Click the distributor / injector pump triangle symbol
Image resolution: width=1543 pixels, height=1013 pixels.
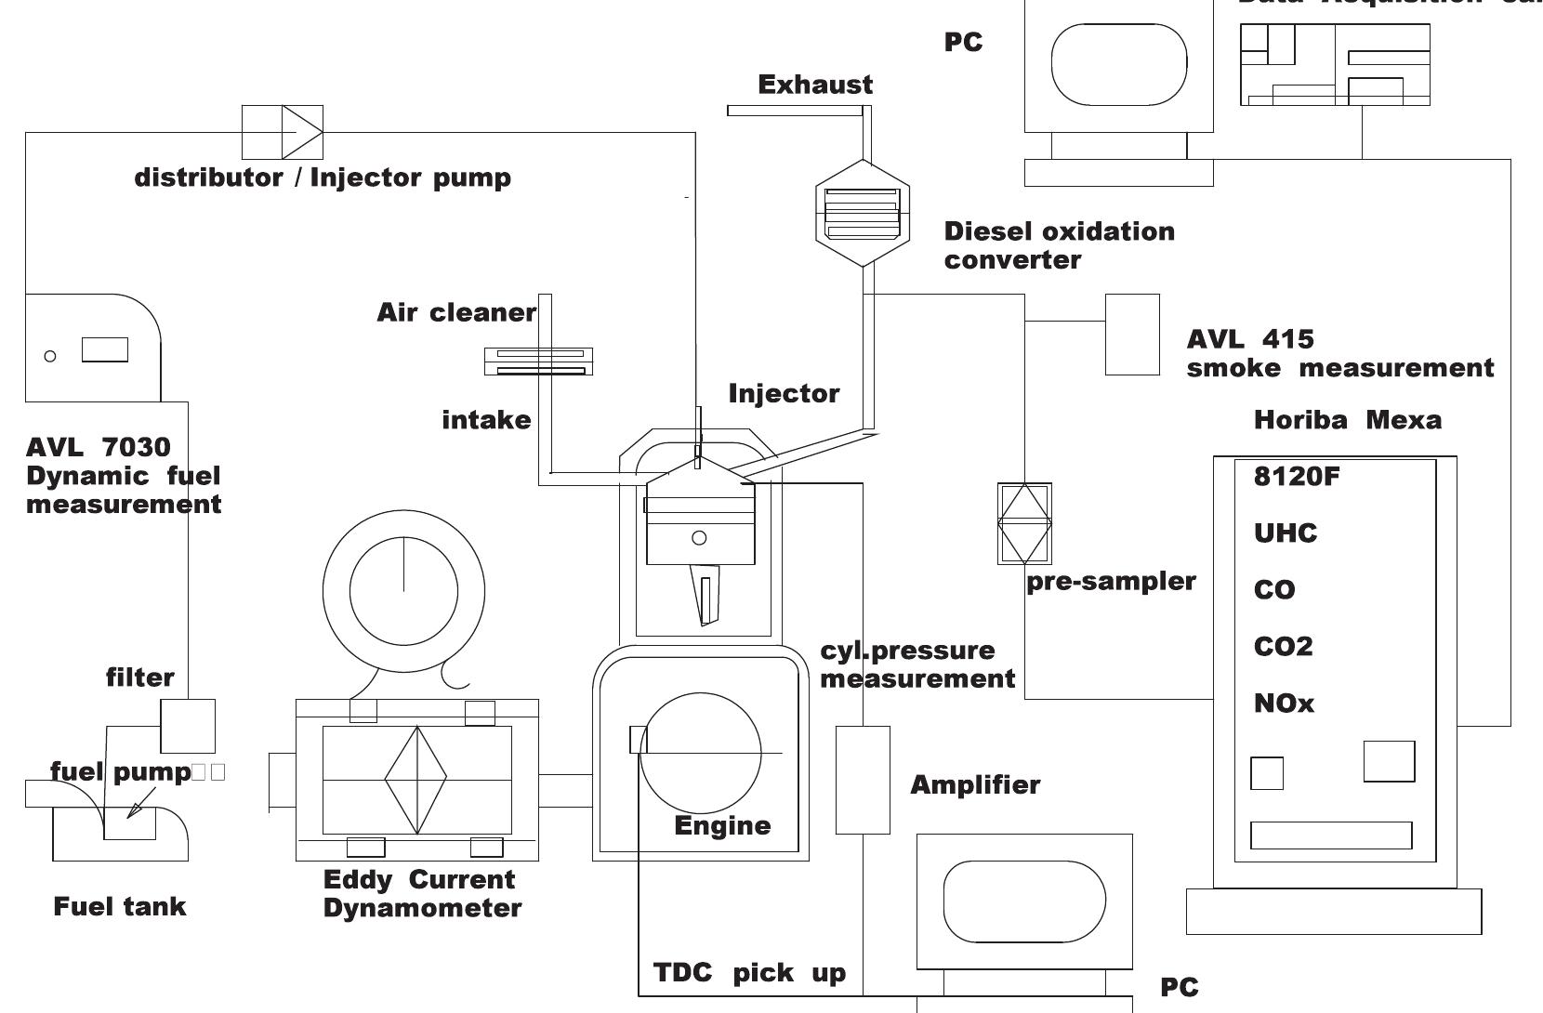[x=300, y=132]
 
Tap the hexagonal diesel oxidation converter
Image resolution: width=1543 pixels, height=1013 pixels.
[x=862, y=214]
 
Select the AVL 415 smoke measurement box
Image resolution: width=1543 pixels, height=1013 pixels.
[x=1132, y=335]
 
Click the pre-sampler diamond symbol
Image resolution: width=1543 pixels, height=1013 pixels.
[x=1024, y=523]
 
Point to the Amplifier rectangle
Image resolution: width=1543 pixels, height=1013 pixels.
[x=863, y=780]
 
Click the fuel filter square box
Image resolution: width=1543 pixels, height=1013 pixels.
[x=188, y=726]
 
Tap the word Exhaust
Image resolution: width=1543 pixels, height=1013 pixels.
[x=815, y=85]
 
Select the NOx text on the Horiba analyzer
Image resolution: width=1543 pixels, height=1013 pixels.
[x=1284, y=704]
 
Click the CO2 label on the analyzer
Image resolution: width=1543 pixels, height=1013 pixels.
[x=1283, y=647]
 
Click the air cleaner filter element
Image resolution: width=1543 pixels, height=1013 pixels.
[x=539, y=361]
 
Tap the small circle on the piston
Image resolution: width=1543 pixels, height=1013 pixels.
[x=699, y=537]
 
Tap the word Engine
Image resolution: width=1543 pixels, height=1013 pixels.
[x=722, y=825]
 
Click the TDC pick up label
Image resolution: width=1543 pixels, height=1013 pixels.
[x=749, y=973]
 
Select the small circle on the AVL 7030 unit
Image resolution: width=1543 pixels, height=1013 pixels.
[x=50, y=356]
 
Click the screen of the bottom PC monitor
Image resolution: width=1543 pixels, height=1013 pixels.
[x=1024, y=901]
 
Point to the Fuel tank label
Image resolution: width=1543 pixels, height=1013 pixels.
[x=120, y=906]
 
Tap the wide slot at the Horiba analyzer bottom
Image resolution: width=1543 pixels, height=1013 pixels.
[x=1330, y=835]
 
